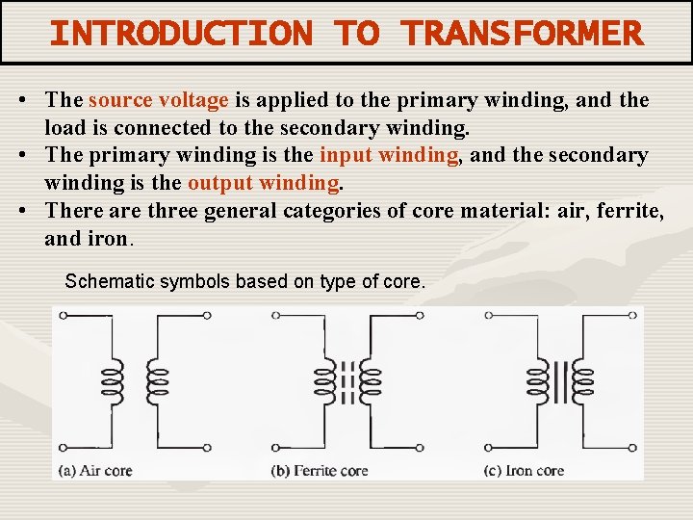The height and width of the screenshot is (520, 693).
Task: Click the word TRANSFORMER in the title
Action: [523, 34]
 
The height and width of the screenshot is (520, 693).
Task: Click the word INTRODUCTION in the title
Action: [181, 34]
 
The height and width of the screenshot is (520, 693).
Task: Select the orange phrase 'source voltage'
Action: [158, 100]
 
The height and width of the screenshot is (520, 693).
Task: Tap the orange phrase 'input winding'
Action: [389, 155]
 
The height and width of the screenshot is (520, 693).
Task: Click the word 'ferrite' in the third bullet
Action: [627, 211]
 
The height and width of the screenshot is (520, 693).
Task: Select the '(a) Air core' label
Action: [95, 471]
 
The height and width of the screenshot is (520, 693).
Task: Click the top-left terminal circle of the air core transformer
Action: [63, 315]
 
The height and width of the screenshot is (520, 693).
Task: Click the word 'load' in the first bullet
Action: [62, 128]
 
